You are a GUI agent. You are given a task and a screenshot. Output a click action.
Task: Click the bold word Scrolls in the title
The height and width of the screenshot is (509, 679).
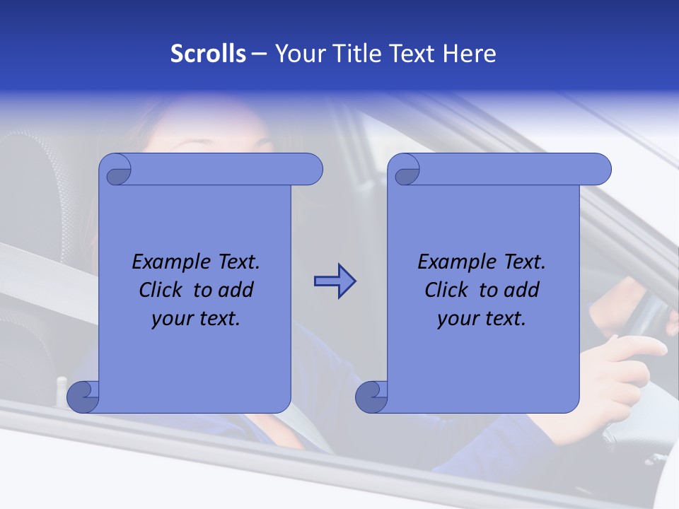point(208,54)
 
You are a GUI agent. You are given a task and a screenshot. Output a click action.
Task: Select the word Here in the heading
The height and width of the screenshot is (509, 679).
point(469,54)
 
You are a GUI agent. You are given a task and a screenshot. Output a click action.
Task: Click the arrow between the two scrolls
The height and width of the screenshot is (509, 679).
point(335,281)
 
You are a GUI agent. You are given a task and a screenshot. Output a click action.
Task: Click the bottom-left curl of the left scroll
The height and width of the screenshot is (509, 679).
point(82,397)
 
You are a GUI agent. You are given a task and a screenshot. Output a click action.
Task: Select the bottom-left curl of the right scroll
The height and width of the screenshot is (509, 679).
point(371,397)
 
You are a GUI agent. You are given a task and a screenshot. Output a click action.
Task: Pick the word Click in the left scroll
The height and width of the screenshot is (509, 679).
point(162,290)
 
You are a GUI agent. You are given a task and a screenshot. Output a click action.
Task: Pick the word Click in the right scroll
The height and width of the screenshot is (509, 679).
point(448,290)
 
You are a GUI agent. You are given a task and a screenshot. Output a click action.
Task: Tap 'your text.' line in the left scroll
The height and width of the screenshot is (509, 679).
point(195,318)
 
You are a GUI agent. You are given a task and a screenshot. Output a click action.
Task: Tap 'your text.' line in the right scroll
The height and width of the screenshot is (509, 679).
point(481,318)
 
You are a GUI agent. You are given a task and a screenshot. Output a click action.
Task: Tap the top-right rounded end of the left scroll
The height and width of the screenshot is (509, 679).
point(310,170)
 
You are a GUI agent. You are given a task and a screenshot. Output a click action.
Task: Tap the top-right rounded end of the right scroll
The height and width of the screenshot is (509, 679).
point(598,170)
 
